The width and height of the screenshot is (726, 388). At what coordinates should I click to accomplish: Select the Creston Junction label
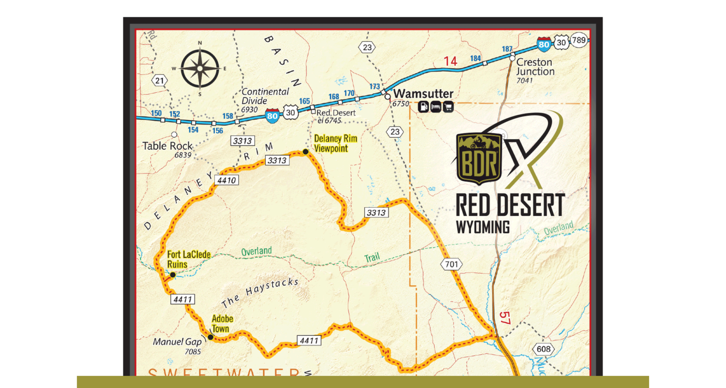[535, 67]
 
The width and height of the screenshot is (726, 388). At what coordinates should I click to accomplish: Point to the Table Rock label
[167, 146]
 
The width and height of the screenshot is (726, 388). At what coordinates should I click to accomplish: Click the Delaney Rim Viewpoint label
[335, 144]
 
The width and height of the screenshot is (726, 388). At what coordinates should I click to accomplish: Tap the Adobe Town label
[222, 324]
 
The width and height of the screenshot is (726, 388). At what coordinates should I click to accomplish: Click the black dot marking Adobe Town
[211, 337]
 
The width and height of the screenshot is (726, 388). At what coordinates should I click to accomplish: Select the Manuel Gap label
[177, 342]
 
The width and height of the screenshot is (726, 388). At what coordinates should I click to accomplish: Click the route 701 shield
[451, 264]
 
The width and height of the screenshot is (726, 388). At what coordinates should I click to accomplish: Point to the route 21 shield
[160, 80]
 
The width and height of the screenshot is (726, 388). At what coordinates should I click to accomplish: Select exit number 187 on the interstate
[507, 49]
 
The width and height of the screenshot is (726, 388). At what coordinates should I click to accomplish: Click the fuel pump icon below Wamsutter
[423, 107]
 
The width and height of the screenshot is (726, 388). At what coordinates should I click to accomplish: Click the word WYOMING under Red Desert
[483, 227]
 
